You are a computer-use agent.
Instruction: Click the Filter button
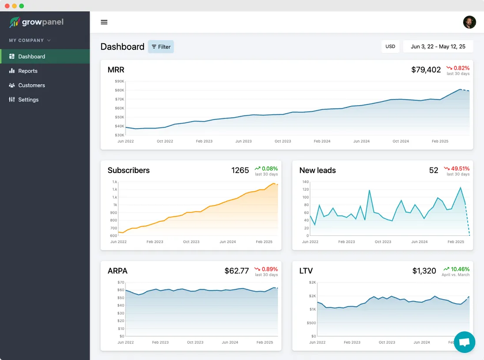[x=161, y=47]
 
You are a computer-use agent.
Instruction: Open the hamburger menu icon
[x=104, y=22]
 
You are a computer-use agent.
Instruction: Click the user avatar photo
[x=469, y=22]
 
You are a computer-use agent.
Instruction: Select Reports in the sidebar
[x=28, y=71]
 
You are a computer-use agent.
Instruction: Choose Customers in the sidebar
[x=31, y=85]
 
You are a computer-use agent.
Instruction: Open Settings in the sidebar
[x=28, y=99]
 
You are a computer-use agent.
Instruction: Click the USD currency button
[x=390, y=46]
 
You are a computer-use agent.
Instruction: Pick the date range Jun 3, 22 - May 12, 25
[x=438, y=46]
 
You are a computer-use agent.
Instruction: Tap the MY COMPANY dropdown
[x=30, y=40]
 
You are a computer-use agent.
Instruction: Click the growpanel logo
[x=37, y=22]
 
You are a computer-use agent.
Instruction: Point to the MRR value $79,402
[x=426, y=70]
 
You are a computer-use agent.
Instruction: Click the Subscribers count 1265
[x=240, y=171]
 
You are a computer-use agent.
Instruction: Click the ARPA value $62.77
[x=237, y=271]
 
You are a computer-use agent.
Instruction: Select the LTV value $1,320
[x=424, y=271]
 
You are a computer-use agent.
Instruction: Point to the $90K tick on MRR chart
[x=119, y=81]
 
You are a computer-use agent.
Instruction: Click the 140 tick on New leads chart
[x=305, y=182]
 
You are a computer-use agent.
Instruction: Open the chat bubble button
[x=464, y=342]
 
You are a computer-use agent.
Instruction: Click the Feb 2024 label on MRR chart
[x=322, y=141]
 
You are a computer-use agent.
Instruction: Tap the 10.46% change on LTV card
[x=460, y=269]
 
